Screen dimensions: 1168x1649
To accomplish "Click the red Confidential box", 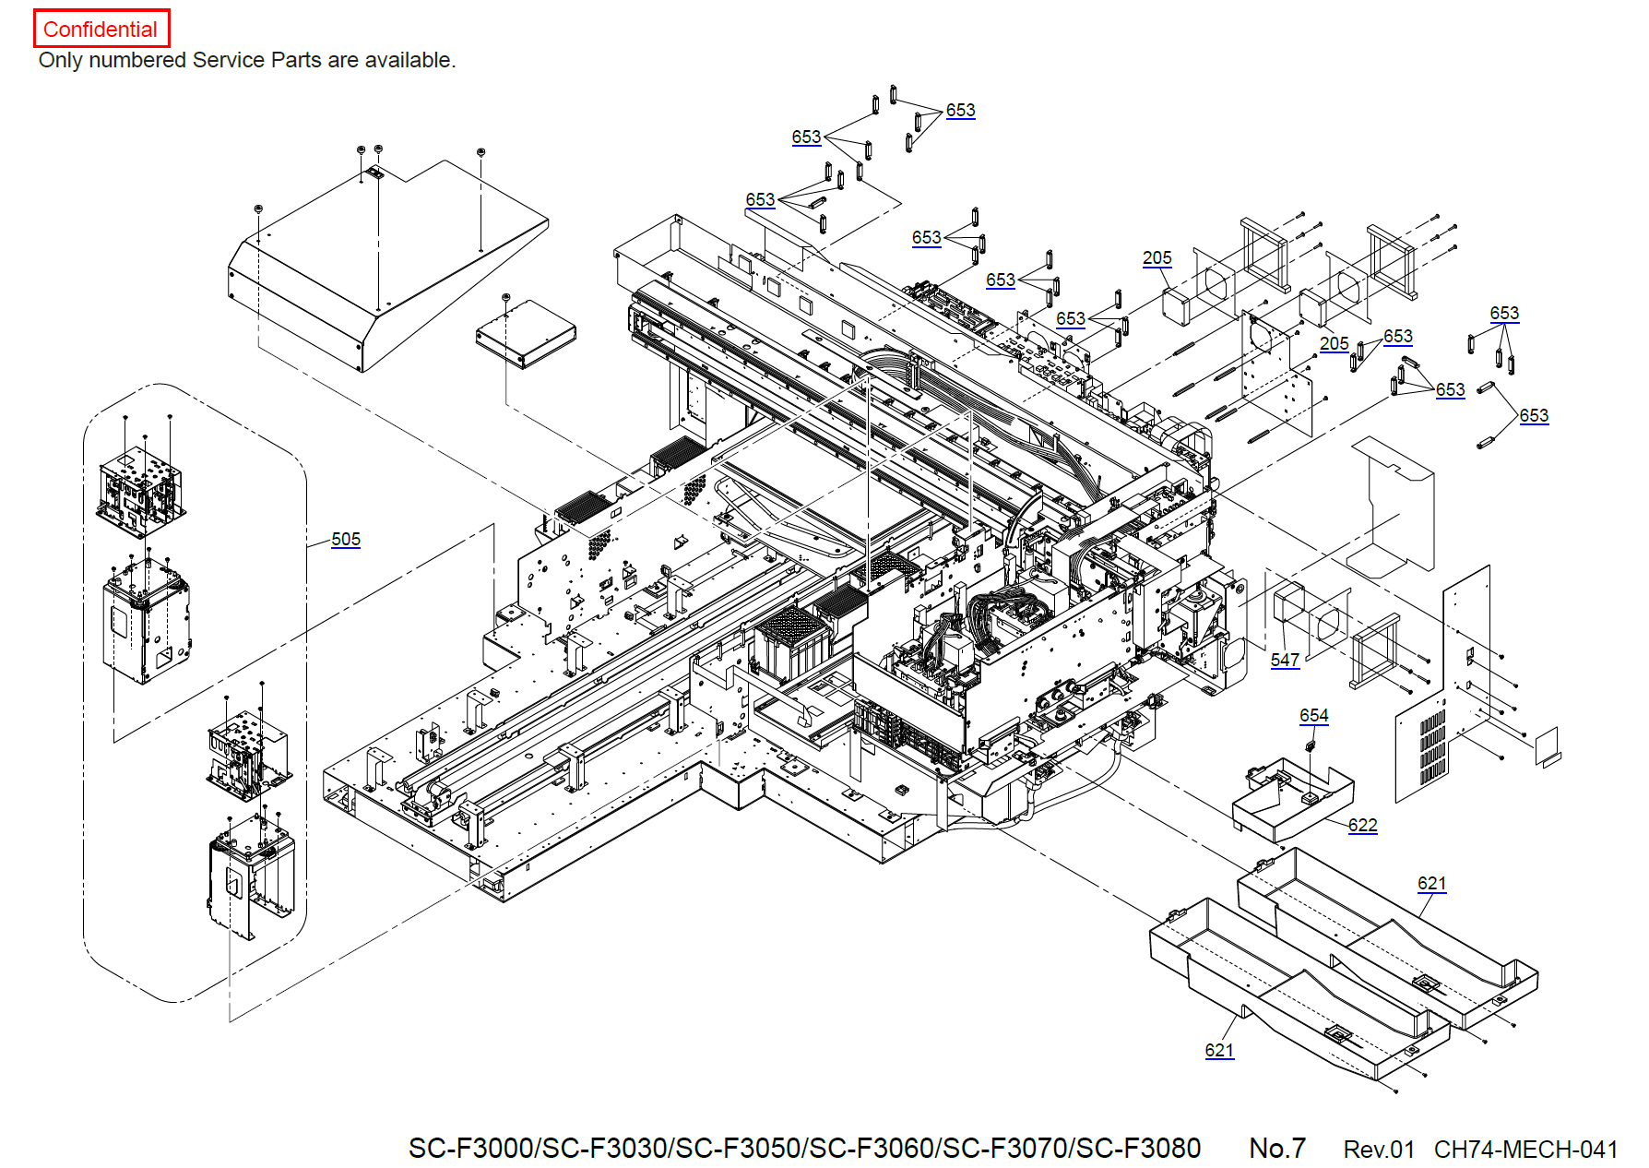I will click(101, 29).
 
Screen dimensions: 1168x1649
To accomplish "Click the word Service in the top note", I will click(229, 60).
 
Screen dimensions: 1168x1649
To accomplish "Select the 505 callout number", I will click(346, 539).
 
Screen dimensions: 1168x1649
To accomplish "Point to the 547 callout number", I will click(1285, 660).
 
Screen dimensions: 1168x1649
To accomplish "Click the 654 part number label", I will click(1313, 715).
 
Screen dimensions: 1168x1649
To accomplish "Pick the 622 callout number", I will click(1362, 825).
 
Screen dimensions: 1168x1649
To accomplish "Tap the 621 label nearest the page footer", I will click(1218, 1050).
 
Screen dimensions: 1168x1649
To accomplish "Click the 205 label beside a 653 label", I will click(1334, 343).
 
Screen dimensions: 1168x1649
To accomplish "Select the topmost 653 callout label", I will click(960, 110).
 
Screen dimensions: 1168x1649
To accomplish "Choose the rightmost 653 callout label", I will click(1534, 415).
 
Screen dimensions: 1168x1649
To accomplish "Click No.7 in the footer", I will click(1276, 1149).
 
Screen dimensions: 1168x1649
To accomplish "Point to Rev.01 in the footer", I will click(1378, 1150).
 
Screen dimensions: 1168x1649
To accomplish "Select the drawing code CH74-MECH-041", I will click(1525, 1150).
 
